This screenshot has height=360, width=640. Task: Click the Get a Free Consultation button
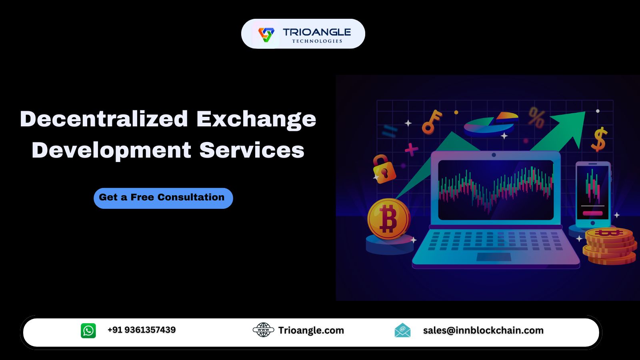(x=163, y=198)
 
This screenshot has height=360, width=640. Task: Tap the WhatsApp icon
(x=88, y=330)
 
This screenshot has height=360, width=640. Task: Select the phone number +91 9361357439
(x=142, y=330)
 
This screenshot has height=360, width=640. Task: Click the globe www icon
(x=264, y=330)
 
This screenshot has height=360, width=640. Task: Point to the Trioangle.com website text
(x=311, y=330)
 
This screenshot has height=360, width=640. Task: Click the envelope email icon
(x=402, y=330)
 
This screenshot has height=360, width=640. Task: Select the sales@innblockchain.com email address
(x=483, y=330)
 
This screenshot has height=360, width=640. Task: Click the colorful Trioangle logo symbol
(x=266, y=34)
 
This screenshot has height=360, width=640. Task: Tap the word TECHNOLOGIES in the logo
(x=317, y=41)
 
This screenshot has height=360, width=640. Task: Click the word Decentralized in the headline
(x=104, y=118)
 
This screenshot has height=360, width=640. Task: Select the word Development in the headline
(x=112, y=150)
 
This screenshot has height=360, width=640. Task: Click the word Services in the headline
(x=252, y=150)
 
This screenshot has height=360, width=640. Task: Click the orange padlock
(x=384, y=169)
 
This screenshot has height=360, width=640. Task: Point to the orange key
(x=432, y=122)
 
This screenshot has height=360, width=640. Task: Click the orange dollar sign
(x=599, y=139)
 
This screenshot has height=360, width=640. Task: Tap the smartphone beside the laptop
(x=593, y=194)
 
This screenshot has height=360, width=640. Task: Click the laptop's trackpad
(x=494, y=257)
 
